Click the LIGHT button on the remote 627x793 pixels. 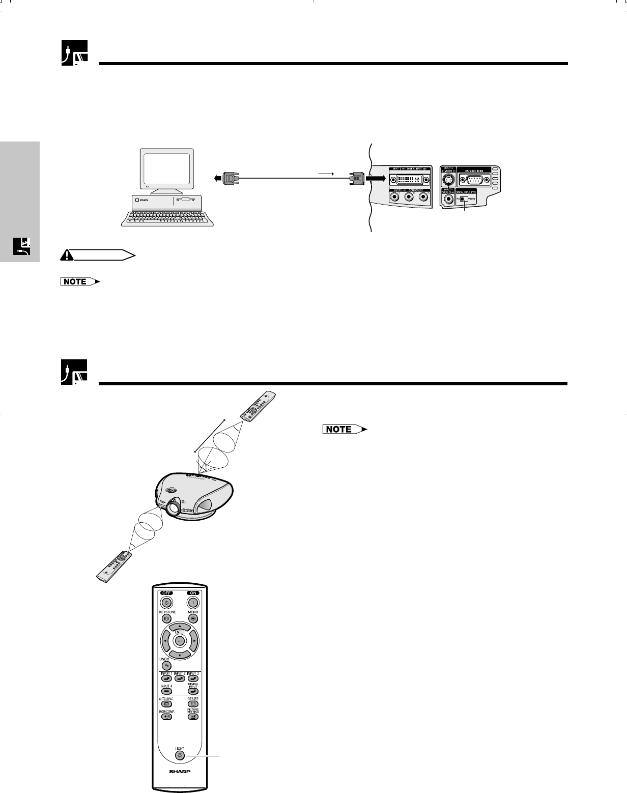[x=180, y=755]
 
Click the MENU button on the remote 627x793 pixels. [x=193, y=618]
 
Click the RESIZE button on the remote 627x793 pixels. [x=193, y=705]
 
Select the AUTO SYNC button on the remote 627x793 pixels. [x=166, y=705]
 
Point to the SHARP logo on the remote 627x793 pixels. [x=180, y=772]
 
